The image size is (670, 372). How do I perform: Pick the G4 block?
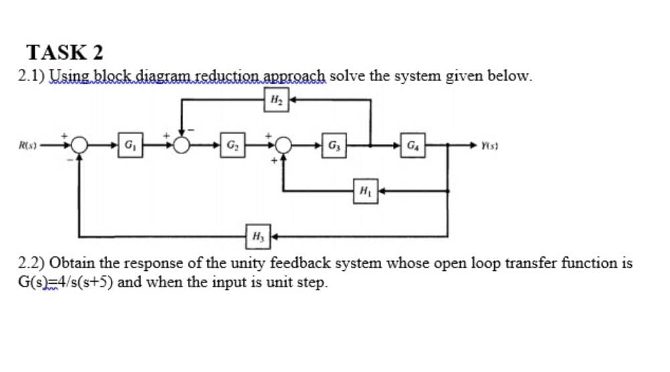click(413, 144)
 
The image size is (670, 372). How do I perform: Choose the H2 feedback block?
click(275, 100)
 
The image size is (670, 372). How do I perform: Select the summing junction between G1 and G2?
click(181, 144)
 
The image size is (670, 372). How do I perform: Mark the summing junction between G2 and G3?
click(285, 144)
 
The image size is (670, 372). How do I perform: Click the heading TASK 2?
click(64, 52)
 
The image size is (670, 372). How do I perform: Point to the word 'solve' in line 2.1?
click(348, 76)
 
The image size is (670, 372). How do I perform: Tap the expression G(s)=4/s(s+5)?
click(66, 281)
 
